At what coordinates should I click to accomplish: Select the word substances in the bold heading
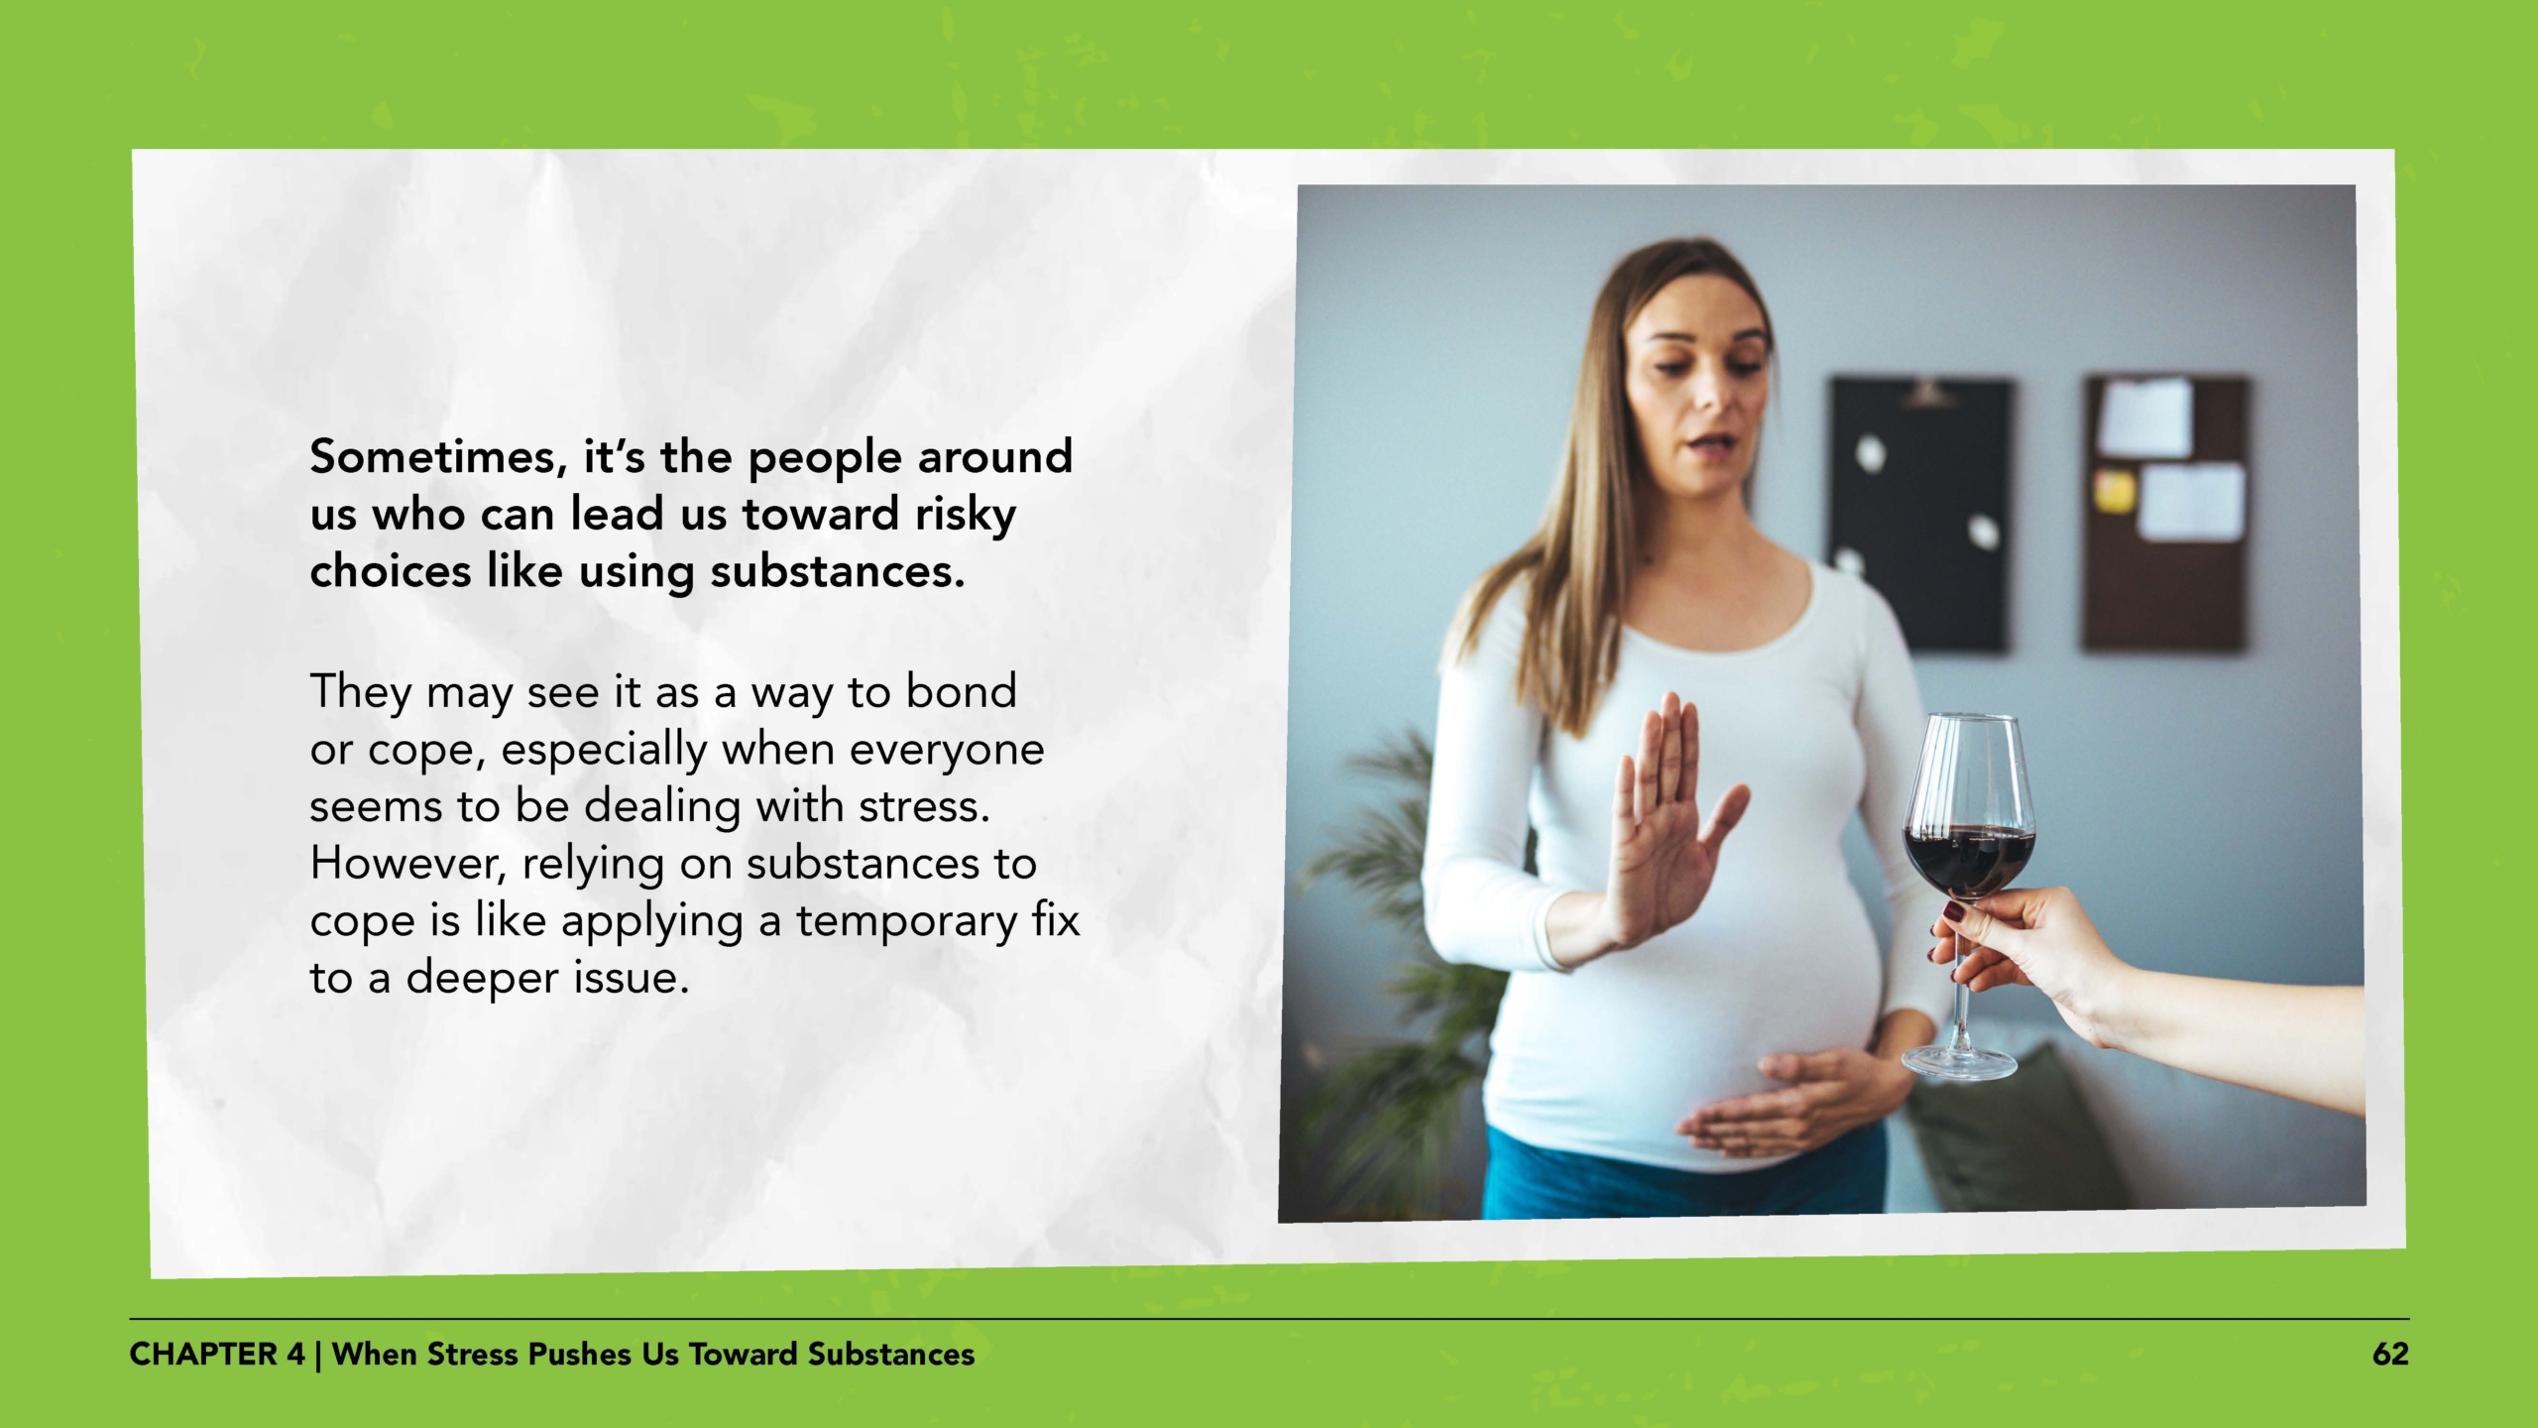[837, 572]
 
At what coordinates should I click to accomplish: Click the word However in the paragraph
[408, 864]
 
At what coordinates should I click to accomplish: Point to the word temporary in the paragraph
[906, 921]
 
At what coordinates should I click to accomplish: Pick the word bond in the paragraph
[961, 691]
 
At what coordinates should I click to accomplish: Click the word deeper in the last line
[482, 979]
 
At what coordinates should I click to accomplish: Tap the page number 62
[2389, 1355]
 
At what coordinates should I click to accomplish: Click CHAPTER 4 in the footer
[217, 1355]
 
